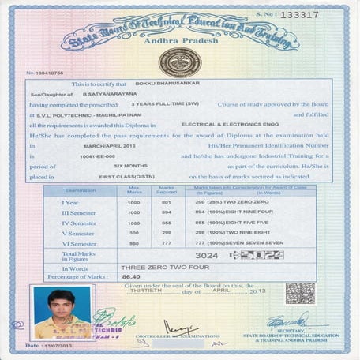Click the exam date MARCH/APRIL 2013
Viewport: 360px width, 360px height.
[x=122, y=146]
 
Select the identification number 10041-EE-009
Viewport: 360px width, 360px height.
[x=108, y=157]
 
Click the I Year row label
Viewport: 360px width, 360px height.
[x=69, y=203]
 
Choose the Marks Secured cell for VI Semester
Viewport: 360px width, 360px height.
[x=166, y=244]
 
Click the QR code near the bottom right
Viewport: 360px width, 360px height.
[x=300, y=293]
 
